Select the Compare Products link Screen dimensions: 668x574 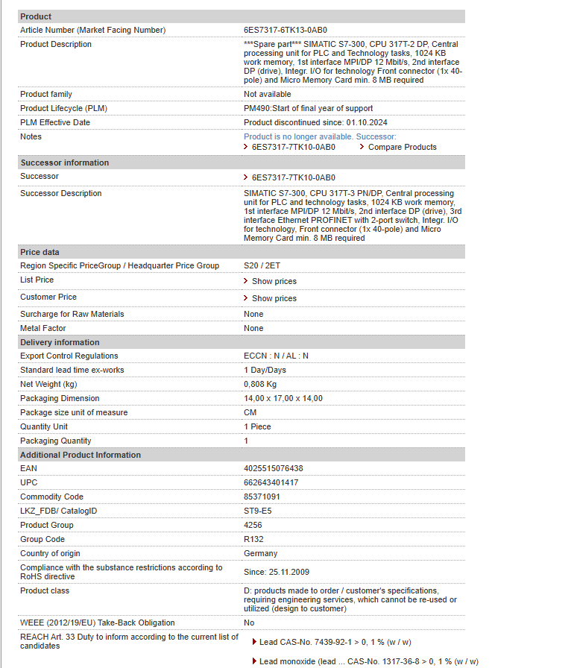pyautogui.click(x=402, y=147)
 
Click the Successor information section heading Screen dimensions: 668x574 pyautogui.click(x=64, y=163)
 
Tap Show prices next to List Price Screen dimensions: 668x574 pyautogui.click(x=274, y=281)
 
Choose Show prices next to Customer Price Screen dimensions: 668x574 pyautogui.click(x=274, y=298)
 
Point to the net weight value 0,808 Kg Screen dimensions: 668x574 pyautogui.click(x=260, y=384)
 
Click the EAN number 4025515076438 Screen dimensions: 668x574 pyautogui.click(x=274, y=468)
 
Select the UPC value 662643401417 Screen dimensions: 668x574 pyautogui.click(x=271, y=482)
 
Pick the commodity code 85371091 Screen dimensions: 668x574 pyautogui.click(x=262, y=497)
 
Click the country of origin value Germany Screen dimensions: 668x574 pyautogui.click(x=260, y=553)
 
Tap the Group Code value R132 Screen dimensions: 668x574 pyautogui.click(x=253, y=539)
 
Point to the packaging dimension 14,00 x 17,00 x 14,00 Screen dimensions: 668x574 pyautogui.click(x=283, y=398)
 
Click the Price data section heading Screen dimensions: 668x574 pyautogui.click(x=40, y=252)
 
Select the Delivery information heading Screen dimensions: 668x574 pyautogui.click(x=60, y=342)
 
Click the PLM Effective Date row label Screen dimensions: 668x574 pyautogui.click(x=55, y=122)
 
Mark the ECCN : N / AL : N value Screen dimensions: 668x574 pyautogui.click(x=276, y=356)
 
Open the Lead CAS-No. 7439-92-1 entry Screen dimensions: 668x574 pyautogui.click(x=335, y=642)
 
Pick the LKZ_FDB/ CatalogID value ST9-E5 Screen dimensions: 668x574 pyautogui.click(x=257, y=511)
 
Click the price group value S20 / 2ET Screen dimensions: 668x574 pyautogui.click(x=262, y=265)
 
